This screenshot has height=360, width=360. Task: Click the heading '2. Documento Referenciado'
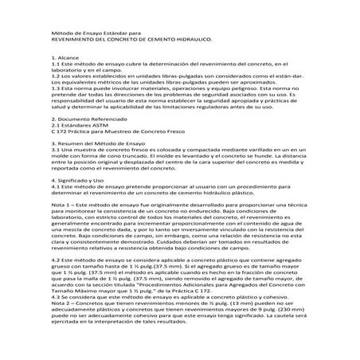coord(87,117)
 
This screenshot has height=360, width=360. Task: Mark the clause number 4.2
coord(55,260)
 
